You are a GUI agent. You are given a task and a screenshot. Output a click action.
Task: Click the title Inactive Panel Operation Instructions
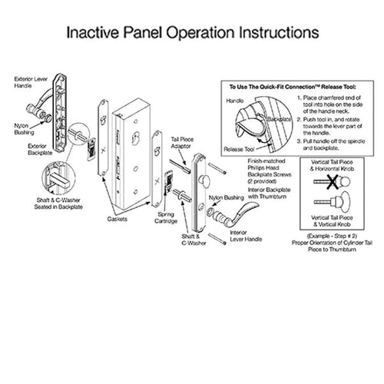(191, 34)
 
